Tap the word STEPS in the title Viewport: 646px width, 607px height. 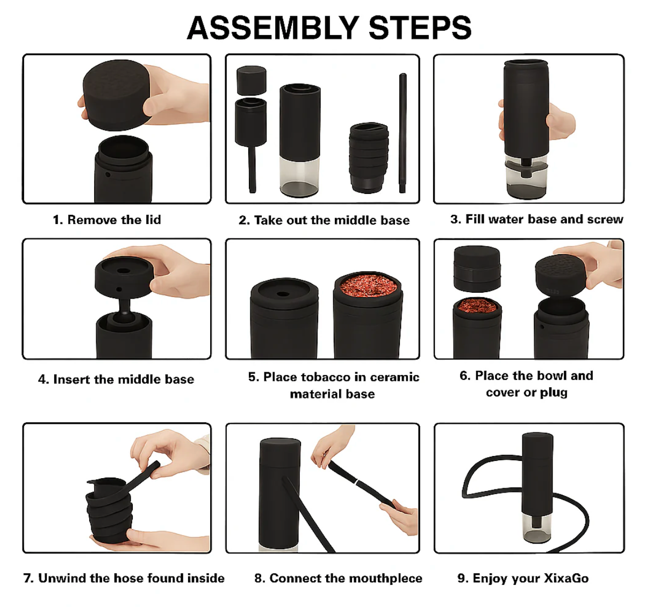click(420, 28)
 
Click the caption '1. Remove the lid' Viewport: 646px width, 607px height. click(107, 220)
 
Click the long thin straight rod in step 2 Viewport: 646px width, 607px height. click(403, 133)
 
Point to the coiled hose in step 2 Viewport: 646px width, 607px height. click(369, 158)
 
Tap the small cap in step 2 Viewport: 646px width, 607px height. click(251, 80)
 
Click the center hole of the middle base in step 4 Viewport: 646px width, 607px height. click(123, 271)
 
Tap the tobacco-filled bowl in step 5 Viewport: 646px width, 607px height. click(368, 315)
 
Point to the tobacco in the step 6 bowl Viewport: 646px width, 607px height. click(477, 306)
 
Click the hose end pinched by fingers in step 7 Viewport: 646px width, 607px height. click(153, 467)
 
